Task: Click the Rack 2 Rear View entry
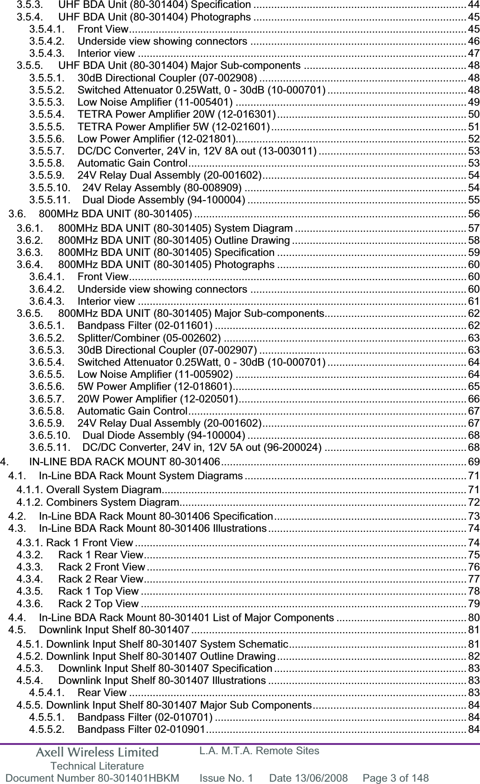[x=101, y=579]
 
